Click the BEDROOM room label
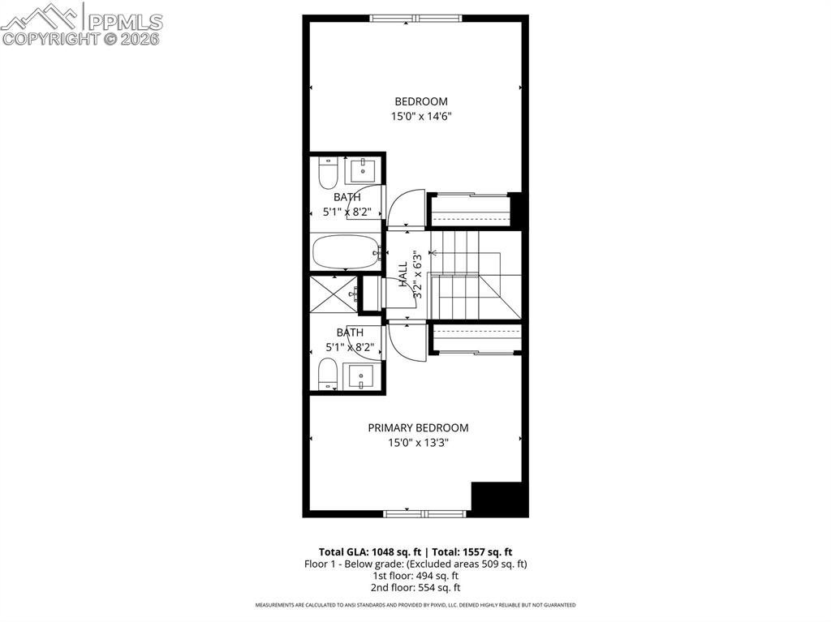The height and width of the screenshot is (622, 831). click(x=420, y=101)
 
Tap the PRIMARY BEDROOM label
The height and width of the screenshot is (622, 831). click(x=418, y=428)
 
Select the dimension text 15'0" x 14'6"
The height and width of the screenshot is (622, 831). click(x=420, y=117)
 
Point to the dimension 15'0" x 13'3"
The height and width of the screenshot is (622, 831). click(x=418, y=443)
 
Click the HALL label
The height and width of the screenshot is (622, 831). click(x=403, y=273)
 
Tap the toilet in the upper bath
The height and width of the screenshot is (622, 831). click(x=328, y=172)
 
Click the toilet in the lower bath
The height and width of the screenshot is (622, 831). click(x=328, y=375)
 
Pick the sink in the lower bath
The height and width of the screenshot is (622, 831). click(x=360, y=376)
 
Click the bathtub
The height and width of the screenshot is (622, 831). click(x=346, y=252)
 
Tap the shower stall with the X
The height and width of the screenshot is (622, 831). click(x=333, y=295)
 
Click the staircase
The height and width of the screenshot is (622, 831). click(x=471, y=274)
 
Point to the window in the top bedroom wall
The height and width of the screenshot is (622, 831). click(x=415, y=18)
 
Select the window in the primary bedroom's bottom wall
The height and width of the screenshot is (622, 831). click(x=424, y=513)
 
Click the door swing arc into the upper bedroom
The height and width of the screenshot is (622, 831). click(x=406, y=209)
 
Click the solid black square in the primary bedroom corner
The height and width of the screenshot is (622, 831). click(x=498, y=498)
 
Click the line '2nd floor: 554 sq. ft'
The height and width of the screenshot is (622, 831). click(x=415, y=587)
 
